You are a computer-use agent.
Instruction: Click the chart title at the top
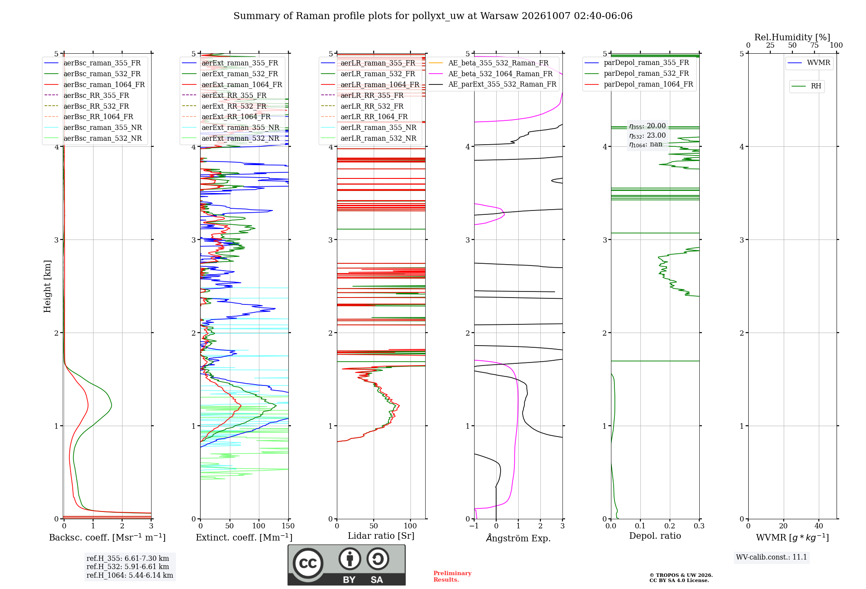click(433, 16)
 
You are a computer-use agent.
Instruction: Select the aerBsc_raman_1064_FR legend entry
click(95, 84)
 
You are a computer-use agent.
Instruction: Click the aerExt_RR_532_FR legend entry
click(225, 106)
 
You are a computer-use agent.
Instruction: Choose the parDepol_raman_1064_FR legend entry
click(639, 84)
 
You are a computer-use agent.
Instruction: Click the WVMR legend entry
click(809, 63)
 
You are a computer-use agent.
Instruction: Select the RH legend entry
click(807, 86)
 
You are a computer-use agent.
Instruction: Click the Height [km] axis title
click(47, 286)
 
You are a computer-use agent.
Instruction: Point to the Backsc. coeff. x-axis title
click(107, 537)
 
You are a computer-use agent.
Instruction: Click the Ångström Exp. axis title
click(518, 538)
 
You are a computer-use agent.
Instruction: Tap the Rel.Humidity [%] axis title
click(792, 37)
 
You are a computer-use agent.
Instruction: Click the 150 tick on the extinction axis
click(288, 526)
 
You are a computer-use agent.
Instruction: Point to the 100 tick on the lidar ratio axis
click(410, 526)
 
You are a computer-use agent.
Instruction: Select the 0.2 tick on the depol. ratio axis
click(670, 526)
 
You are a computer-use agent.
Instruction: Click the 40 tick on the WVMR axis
click(819, 526)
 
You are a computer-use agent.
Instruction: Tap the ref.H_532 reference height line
click(128, 566)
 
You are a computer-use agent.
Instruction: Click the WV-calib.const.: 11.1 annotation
click(772, 557)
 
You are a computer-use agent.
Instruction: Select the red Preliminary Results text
click(452, 576)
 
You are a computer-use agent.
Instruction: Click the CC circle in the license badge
click(308, 563)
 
